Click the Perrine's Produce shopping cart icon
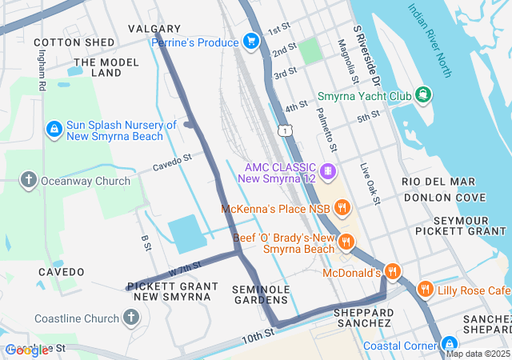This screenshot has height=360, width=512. pyautogui.click(x=251, y=41)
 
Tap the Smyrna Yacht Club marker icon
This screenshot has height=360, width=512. pyautogui.click(x=422, y=96)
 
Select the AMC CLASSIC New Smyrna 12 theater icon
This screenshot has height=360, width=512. pyautogui.click(x=326, y=172)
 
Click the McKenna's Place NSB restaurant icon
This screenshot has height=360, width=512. pyautogui.click(x=342, y=210)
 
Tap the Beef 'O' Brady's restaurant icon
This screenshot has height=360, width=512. pyautogui.click(x=346, y=242)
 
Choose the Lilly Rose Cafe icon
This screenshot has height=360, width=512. pyautogui.click(x=425, y=290)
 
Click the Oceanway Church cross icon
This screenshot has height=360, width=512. pyautogui.click(x=29, y=180)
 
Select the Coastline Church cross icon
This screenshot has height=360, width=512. pyautogui.click(x=131, y=318)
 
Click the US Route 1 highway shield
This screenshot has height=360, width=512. pyautogui.click(x=285, y=130)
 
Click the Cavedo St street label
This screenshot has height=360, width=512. pyautogui.click(x=173, y=162)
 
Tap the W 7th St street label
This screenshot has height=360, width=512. pyautogui.click(x=185, y=270)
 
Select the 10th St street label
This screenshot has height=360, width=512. pyautogui.click(x=258, y=338)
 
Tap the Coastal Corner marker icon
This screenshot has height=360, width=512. pyautogui.click(x=450, y=346)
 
